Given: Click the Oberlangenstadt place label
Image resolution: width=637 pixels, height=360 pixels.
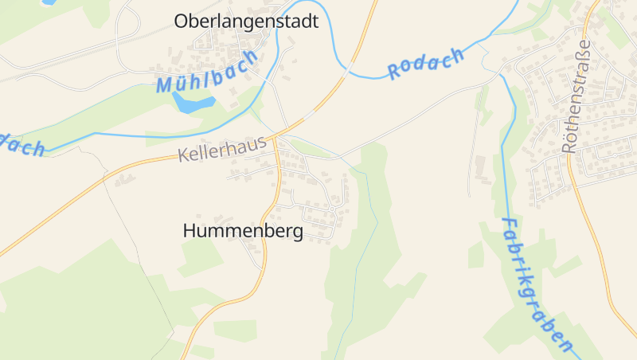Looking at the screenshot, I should (246, 22).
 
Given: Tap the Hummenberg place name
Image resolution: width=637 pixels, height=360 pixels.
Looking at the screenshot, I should (243, 231).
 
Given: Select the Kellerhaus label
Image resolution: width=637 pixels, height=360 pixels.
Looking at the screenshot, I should (222, 151).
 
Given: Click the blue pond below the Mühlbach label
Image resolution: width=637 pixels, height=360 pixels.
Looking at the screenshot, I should (194, 103).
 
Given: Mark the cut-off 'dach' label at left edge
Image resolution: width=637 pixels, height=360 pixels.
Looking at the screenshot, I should (21, 144).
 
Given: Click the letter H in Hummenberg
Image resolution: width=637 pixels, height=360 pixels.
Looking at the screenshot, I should (190, 231).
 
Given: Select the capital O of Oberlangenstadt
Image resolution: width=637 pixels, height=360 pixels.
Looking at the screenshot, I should (182, 22).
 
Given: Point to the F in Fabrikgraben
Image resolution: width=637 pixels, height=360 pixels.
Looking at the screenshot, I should (508, 226).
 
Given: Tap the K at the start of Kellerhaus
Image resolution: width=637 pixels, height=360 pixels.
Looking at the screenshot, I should (184, 155).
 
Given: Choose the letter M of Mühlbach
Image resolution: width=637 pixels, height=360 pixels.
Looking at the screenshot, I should (165, 85).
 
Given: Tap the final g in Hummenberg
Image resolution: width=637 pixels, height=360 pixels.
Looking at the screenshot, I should (297, 233).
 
